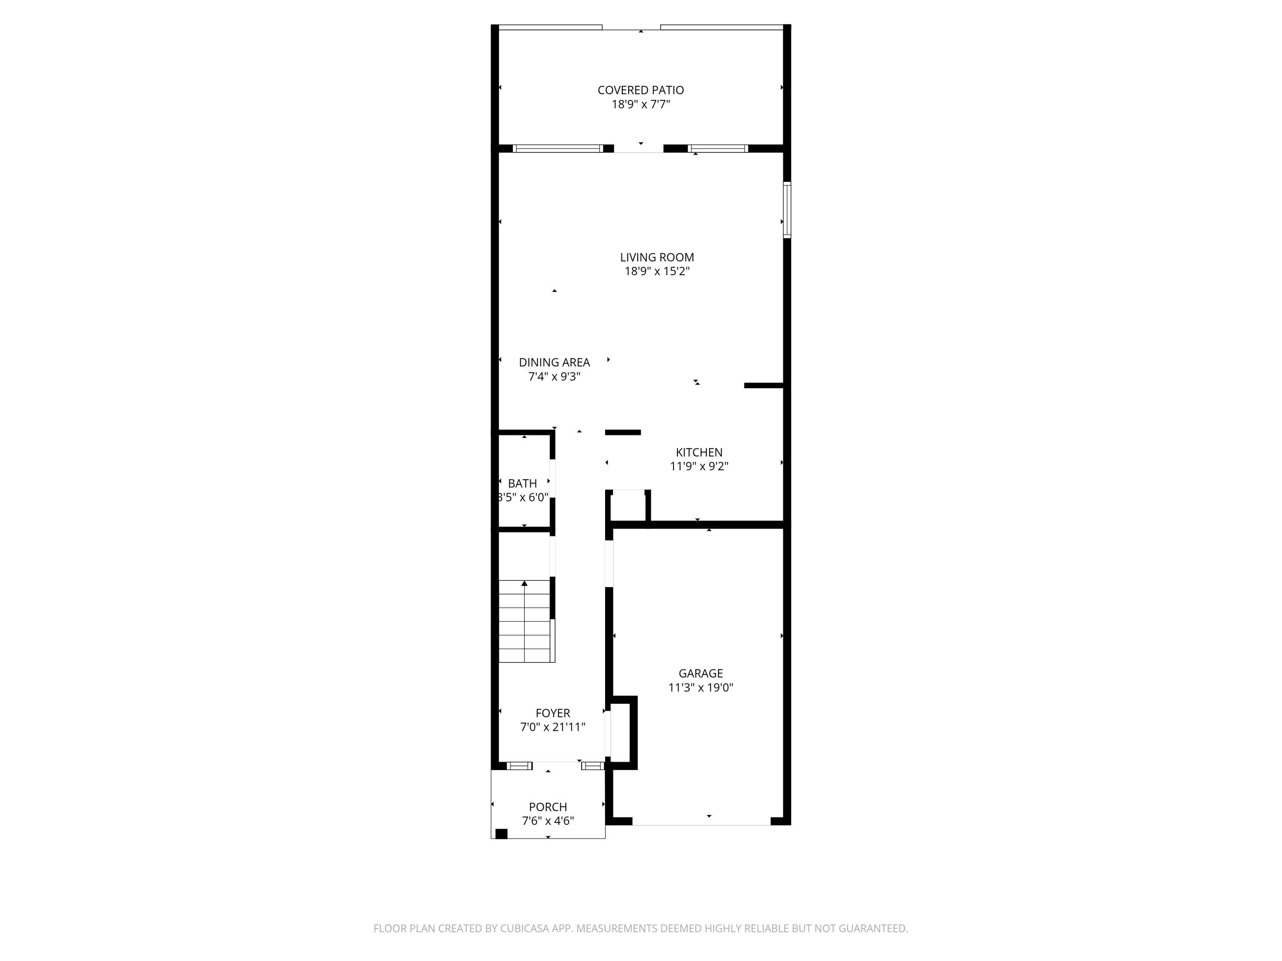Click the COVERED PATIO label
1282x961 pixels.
tap(641, 91)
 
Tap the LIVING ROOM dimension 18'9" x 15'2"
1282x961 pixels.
tap(657, 272)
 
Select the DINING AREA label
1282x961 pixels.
tap(554, 363)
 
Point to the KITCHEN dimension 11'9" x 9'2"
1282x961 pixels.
tap(699, 466)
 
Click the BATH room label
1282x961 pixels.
tap(522, 483)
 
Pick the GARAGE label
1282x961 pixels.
tap(700, 673)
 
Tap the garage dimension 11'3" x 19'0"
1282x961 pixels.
tap(700, 688)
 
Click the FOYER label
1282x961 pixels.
tap(552, 713)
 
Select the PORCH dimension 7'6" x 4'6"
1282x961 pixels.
tap(548, 821)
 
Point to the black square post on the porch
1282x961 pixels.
tap(501, 834)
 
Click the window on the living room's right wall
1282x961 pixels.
tap(786, 210)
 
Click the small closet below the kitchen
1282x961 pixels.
tap(628, 506)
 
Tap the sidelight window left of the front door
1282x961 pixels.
tap(519, 766)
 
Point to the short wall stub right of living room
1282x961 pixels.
tap(763, 385)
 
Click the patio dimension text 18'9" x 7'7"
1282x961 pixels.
tap(641, 105)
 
